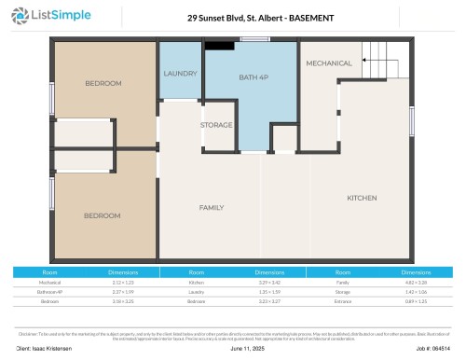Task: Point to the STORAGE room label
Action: [x=217, y=124]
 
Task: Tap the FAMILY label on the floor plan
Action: [x=212, y=206]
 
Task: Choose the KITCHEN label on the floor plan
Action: [x=362, y=198]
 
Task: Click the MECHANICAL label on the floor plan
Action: [x=329, y=63]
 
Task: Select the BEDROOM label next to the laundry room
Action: [x=103, y=83]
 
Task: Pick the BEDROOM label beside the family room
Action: [x=102, y=215]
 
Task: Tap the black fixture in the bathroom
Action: [x=220, y=45]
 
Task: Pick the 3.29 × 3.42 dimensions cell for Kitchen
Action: [x=270, y=281]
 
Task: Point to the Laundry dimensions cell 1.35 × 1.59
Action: [x=270, y=291]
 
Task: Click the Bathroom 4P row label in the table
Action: [x=49, y=291]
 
